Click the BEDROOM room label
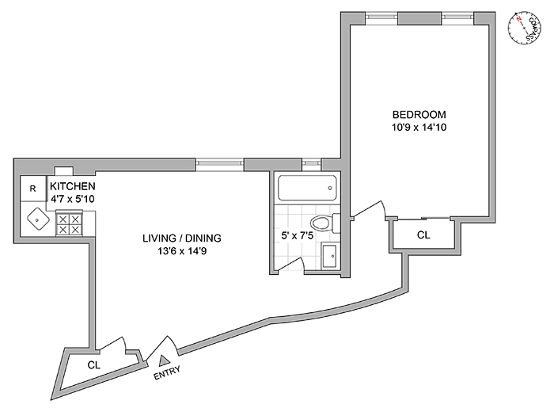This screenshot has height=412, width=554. click(x=419, y=113)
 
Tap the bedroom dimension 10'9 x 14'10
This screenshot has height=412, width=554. click(x=419, y=127)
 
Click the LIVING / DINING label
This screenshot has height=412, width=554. click(x=181, y=238)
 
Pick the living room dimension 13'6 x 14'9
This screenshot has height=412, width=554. click(x=181, y=251)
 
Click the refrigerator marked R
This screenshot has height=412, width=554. click(x=32, y=189)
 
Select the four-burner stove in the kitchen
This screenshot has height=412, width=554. click(x=68, y=223)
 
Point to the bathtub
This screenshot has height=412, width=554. click(x=307, y=189)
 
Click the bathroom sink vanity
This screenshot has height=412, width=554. click(x=330, y=257)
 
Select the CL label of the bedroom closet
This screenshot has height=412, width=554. click(x=423, y=235)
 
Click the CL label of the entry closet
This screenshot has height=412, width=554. click(x=93, y=365)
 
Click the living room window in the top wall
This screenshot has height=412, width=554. click(x=220, y=163)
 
